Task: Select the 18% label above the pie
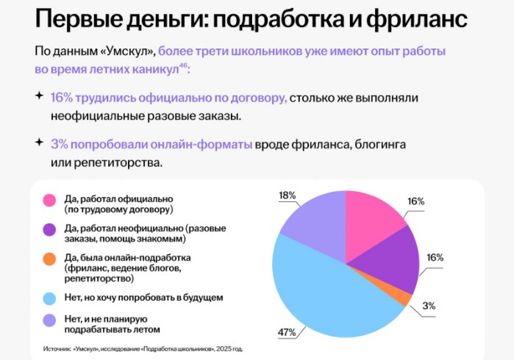click(x=288, y=195)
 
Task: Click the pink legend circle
click(x=50, y=201)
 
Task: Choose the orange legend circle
click(x=50, y=259)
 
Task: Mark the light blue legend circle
click(x=50, y=298)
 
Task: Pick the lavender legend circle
click(x=50, y=321)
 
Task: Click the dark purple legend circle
click(x=50, y=230)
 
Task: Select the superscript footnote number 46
click(x=184, y=67)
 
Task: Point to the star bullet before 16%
click(x=38, y=96)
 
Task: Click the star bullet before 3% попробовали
click(x=38, y=142)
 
